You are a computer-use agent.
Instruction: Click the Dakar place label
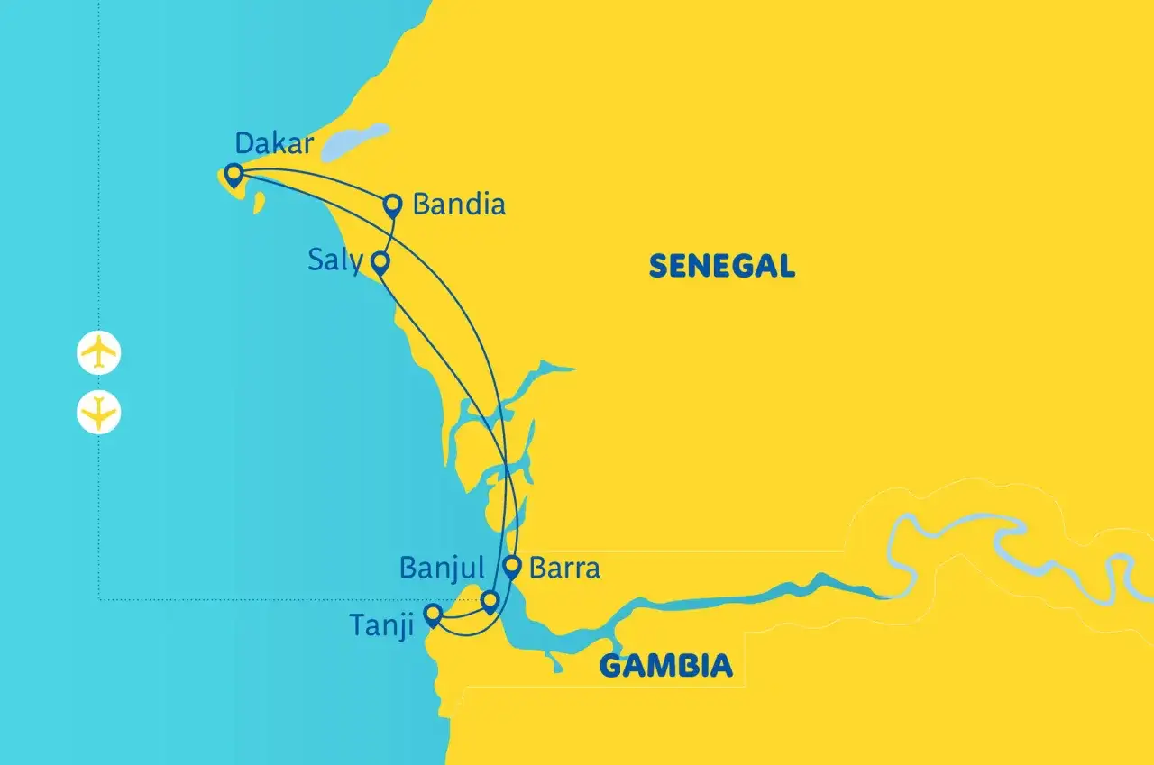[x=274, y=143]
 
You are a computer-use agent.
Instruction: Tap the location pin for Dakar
[x=234, y=174]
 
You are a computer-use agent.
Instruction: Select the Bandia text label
[x=458, y=205]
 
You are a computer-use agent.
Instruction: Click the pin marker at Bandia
[x=392, y=205]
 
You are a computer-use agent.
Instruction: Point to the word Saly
[x=334, y=261]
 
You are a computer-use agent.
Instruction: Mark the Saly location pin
[x=380, y=263]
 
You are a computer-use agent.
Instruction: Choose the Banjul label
[x=442, y=568]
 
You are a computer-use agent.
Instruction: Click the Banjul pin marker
[x=490, y=601]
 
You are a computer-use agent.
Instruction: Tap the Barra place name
[x=564, y=569]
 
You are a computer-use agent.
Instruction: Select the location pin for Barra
[x=512, y=567]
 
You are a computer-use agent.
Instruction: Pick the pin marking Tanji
[x=433, y=615]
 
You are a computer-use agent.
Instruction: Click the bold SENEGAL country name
[x=721, y=266]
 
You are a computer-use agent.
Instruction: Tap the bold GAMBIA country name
[x=665, y=667]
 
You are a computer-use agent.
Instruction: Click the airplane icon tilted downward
[x=98, y=413]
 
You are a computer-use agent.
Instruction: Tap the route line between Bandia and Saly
[x=388, y=234]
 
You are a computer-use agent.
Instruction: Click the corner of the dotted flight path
[x=98, y=598]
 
